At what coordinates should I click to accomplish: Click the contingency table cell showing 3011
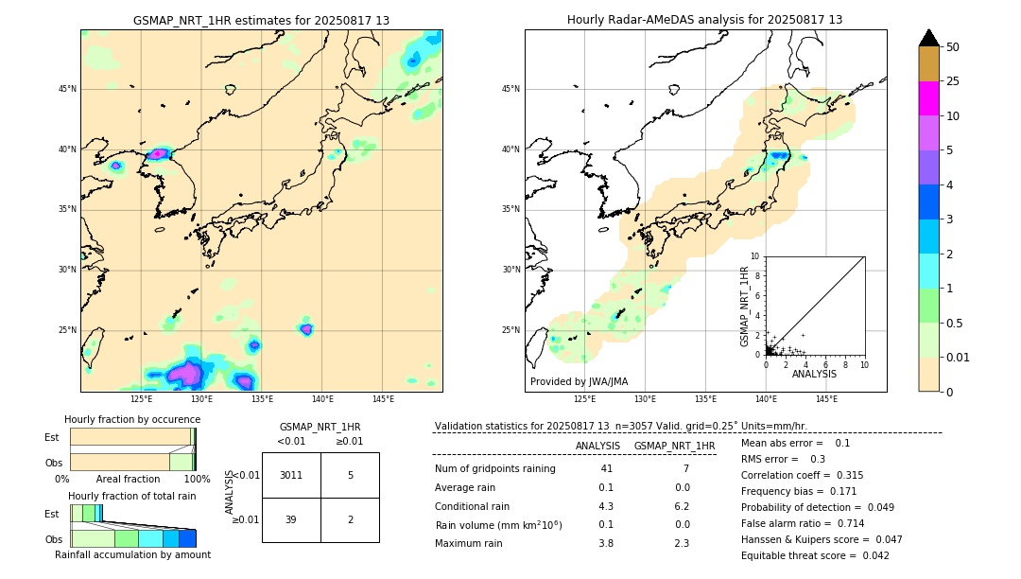click(291, 475)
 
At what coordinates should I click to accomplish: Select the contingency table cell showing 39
click(291, 519)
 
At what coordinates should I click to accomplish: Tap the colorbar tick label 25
click(953, 81)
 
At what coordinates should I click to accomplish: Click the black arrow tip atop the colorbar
click(929, 37)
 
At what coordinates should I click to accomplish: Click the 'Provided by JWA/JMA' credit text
click(579, 381)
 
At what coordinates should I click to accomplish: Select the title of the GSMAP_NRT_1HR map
click(261, 20)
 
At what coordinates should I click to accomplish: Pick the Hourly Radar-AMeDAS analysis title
click(705, 20)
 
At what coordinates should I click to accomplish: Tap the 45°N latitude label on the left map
click(67, 89)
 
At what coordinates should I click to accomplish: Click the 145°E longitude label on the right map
click(826, 399)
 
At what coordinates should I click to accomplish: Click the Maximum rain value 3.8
click(605, 543)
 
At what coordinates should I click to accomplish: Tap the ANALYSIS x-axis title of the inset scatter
click(814, 374)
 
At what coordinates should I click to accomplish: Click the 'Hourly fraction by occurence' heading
click(132, 419)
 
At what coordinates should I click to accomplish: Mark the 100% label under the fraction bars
click(197, 479)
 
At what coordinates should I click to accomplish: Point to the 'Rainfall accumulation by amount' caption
click(132, 554)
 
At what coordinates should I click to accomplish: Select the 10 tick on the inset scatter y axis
click(754, 255)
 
